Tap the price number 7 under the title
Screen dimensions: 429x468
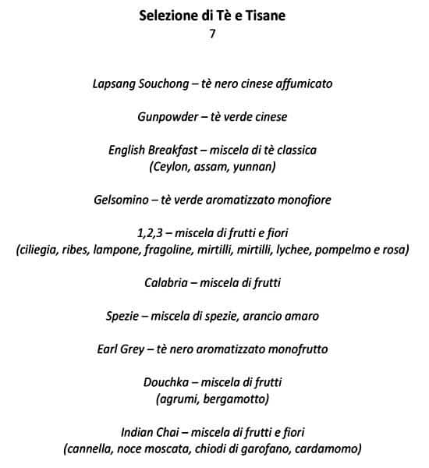211,34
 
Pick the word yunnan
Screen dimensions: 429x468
257,165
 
